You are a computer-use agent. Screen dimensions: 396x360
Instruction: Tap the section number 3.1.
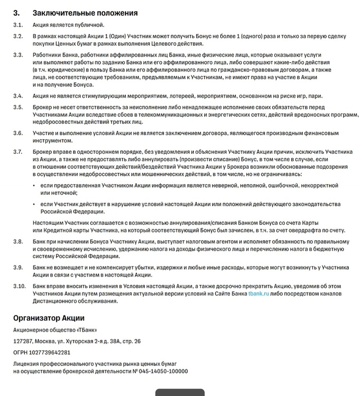(x=18, y=25)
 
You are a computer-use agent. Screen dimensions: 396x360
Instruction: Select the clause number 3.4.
(x=18, y=96)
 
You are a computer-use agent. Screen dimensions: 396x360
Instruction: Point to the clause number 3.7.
(x=18, y=152)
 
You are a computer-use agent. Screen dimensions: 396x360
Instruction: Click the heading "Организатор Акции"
(x=49, y=318)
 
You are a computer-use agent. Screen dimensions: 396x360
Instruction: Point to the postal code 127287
(x=24, y=341)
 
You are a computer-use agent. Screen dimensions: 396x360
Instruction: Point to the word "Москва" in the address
(x=49, y=341)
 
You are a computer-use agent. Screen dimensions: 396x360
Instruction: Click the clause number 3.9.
(x=18, y=267)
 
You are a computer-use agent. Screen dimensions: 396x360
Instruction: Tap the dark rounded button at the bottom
(x=180, y=392)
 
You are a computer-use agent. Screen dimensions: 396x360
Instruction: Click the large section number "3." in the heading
(x=16, y=12)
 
